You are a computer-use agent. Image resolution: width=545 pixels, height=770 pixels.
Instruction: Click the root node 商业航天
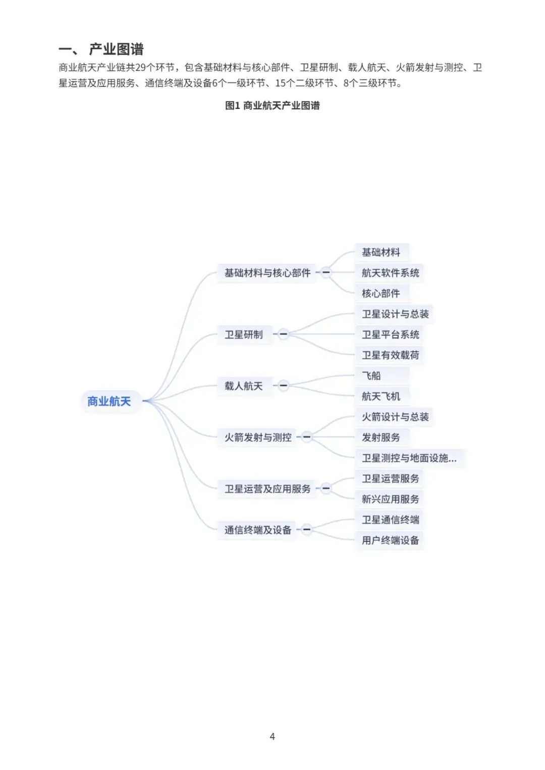pyautogui.click(x=109, y=401)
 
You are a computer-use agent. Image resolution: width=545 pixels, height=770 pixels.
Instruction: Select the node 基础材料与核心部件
pyautogui.click(x=267, y=273)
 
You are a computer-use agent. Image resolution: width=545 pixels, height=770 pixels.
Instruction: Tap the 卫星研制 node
pyautogui.click(x=243, y=335)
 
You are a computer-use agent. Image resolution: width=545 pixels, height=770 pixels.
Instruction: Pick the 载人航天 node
pyautogui.click(x=243, y=386)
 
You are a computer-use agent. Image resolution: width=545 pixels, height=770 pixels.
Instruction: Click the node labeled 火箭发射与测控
pyautogui.click(x=258, y=437)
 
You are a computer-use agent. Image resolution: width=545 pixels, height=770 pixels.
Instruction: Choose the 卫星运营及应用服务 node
pyautogui.click(x=267, y=488)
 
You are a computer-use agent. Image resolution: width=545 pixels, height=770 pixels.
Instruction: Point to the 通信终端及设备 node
pyautogui.click(x=258, y=530)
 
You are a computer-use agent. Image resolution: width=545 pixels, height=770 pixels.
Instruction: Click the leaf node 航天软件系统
pyautogui.click(x=390, y=273)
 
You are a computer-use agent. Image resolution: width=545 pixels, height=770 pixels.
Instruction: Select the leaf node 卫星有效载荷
pyautogui.click(x=390, y=355)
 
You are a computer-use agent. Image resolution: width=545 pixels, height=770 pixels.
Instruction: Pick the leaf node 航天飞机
pyautogui.click(x=381, y=396)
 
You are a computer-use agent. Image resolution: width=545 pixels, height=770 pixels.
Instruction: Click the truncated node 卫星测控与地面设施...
pyautogui.click(x=409, y=458)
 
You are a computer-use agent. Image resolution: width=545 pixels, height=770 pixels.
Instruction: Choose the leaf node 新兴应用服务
pyautogui.click(x=390, y=499)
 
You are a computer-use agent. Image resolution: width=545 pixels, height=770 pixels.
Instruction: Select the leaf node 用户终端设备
pyautogui.click(x=390, y=540)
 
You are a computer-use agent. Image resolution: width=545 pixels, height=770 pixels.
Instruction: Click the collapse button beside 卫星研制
pyautogui.click(x=283, y=334)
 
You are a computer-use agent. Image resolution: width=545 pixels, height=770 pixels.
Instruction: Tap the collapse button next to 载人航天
pyautogui.click(x=283, y=386)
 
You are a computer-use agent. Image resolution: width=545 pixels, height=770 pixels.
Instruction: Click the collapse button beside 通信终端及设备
pyautogui.click(x=307, y=529)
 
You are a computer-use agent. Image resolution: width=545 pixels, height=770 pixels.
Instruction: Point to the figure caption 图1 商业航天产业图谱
pyautogui.click(x=272, y=105)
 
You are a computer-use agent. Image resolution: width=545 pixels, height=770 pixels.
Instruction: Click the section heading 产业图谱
pyautogui.click(x=116, y=49)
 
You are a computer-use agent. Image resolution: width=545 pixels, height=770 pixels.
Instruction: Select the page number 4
pyautogui.click(x=272, y=736)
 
